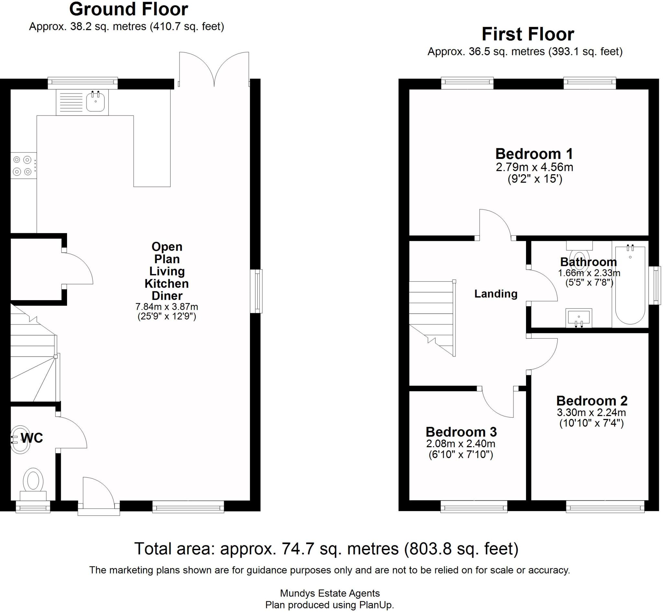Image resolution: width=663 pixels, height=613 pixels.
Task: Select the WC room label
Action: (32, 438)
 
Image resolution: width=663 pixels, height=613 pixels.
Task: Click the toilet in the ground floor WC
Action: (33, 484)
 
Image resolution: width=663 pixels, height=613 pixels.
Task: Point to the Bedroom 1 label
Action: (534, 154)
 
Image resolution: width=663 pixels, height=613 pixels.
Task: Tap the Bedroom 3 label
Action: (461, 432)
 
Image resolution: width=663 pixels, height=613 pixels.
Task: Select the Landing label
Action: (496, 294)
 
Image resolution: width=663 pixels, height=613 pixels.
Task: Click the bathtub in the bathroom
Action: (630, 285)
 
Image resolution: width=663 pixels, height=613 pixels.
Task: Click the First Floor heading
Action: (528, 34)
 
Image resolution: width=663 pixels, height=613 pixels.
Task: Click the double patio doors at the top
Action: (214, 69)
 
